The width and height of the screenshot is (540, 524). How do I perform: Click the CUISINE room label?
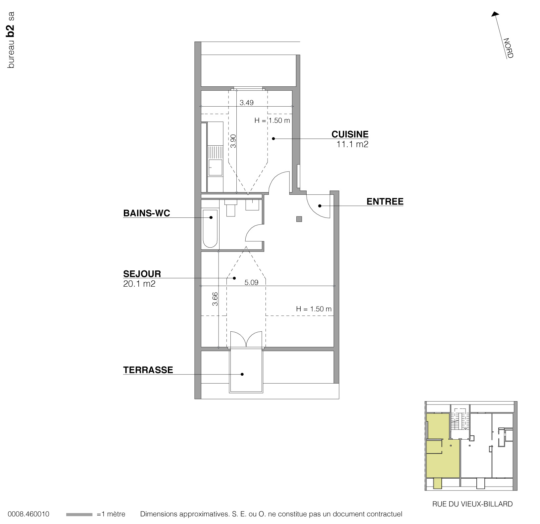pyautogui.click(x=350, y=134)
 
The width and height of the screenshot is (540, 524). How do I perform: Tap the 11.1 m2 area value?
pyautogui.click(x=352, y=144)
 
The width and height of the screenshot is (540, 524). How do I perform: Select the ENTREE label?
pyautogui.click(x=385, y=201)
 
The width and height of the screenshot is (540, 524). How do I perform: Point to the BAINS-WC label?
pyautogui.click(x=146, y=213)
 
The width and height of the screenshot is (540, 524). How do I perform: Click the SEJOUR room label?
pyautogui.click(x=142, y=274)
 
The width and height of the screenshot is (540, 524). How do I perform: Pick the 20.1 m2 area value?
pyautogui.click(x=139, y=284)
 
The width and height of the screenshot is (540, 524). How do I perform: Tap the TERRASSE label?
pyautogui.click(x=148, y=370)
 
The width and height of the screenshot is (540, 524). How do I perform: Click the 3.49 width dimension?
pyautogui.click(x=246, y=103)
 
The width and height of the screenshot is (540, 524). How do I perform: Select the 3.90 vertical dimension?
pyautogui.click(x=233, y=141)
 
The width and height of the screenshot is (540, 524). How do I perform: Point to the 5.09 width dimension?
pyautogui.click(x=251, y=282)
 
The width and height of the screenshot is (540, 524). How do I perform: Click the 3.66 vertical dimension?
pyautogui.click(x=215, y=299)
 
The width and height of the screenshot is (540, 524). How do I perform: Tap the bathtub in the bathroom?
pyautogui.click(x=210, y=228)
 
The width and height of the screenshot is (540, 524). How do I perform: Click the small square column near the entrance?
pyautogui.click(x=299, y=219)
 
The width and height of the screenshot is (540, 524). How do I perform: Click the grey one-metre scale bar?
pyautogui.click(x=79, y=514)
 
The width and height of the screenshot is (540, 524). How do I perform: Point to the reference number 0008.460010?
pyautogui.click(x=28, y=514)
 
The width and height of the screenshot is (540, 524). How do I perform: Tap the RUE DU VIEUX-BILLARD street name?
pyautogui.click(x=472, y=504)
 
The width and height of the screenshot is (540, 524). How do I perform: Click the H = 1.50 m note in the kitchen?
pyautogui.click(x=272, y=120)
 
